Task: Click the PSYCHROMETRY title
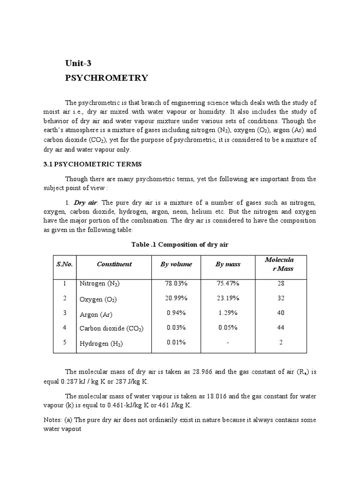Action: pyautogui.click(x=106, y=78)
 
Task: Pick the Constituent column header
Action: pyautogui.click(x=114, y=264)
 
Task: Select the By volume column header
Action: pyautogui.click(x=176, y=264)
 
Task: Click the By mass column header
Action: pyautogui.click(x=228, y=264)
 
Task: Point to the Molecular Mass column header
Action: pyautogui.click(x=280, y=264)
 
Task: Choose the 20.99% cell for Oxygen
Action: pyautogui.click(x=176, y=298)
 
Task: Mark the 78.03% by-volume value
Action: pyautogui.click(x=176, y=284)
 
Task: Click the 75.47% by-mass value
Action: pyautogui.click(x=228, y=284)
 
